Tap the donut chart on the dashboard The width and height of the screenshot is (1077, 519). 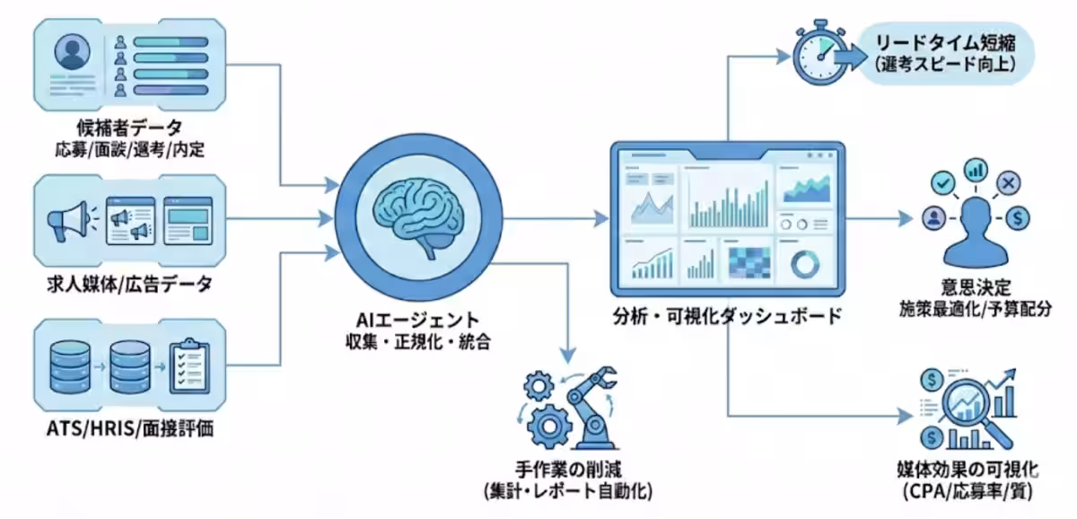(805, 264)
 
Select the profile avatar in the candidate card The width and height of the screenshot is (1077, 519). (73, 54)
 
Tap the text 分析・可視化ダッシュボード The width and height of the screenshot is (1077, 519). (728, 316)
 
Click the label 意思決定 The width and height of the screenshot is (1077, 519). (972, 289)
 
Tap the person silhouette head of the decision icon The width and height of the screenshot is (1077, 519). (972, 214)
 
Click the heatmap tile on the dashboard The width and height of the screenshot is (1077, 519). (747, 263)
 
